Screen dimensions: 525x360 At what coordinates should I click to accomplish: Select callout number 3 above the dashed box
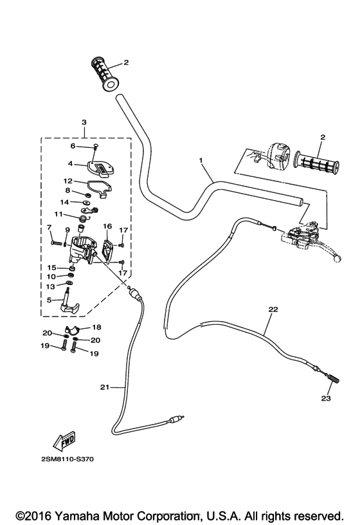click(x=84, y=122)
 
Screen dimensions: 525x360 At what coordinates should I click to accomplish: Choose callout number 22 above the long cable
click(x=273, y=309)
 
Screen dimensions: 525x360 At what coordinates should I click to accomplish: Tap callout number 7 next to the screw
click(x=50, y=227)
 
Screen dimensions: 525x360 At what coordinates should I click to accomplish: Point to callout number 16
click(x=107, y=226)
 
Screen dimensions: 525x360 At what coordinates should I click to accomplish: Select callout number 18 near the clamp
click(x=97, y=327)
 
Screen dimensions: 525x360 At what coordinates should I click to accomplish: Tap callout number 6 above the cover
click(x=73, y=146)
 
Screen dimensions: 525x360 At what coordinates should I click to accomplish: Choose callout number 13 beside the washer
click(x=50, y=286)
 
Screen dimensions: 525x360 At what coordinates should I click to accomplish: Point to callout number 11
click(x=58, y=214)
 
